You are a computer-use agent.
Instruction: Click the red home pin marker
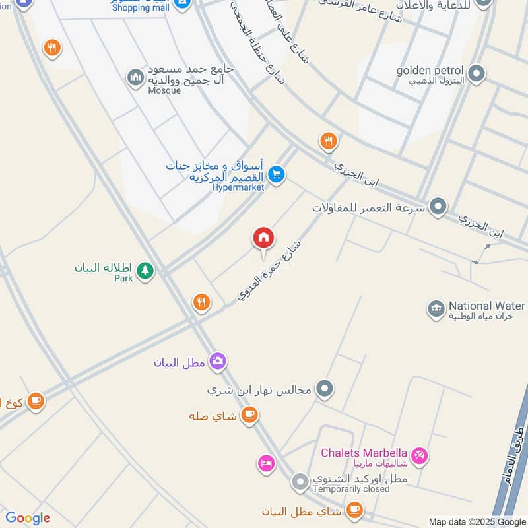tap(263, 238)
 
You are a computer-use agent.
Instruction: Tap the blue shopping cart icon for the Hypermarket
tap(277, 174)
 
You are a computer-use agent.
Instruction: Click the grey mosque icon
tap(136, 78)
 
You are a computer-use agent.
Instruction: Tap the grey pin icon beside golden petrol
tap(476, 72)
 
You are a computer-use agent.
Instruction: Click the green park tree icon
tap(145, 270)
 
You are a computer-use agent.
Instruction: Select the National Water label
tap(487, 306)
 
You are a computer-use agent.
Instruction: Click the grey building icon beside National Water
tap(435, 308)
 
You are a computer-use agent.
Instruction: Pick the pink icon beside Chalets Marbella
tap(419, 455)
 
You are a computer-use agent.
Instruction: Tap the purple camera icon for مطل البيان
tap(217, 361)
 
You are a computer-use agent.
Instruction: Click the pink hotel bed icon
tap(265, 463)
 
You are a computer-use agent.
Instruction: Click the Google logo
tap(28, 518)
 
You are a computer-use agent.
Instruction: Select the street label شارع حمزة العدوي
tap(271, 272)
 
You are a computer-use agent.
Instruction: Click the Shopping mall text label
tap(140, 7)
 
